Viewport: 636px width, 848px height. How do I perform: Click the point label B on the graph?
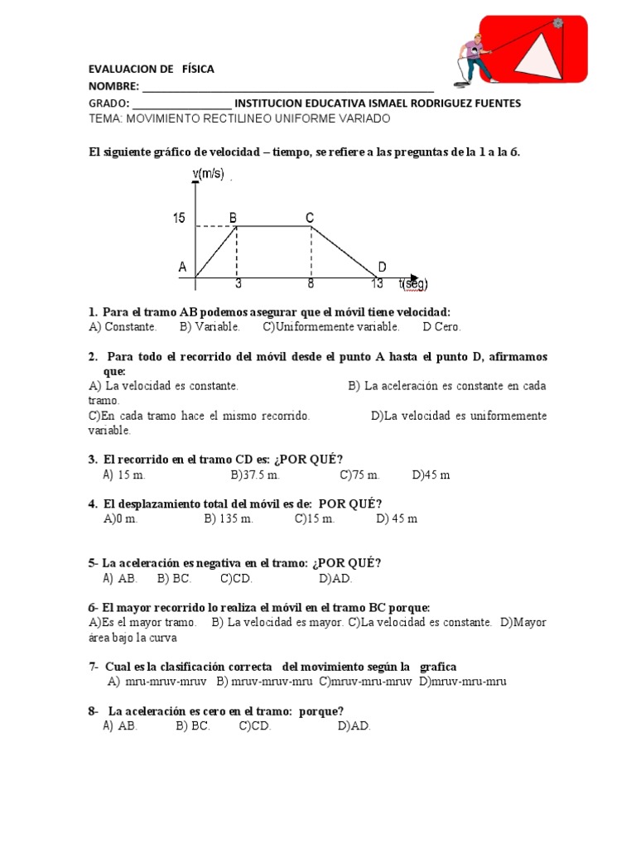click(234, 218)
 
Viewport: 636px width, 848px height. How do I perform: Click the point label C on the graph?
click(310, 218)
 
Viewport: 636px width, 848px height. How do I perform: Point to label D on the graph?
click(382, 266)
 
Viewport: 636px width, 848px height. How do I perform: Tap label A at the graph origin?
click(182, 267)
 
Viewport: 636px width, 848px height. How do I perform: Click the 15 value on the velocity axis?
click(179, 219)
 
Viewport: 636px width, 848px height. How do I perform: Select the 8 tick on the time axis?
click(311, 284)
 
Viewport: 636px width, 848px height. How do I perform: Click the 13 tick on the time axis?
click(377, 284)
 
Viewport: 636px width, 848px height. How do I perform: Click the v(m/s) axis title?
click(209, 173)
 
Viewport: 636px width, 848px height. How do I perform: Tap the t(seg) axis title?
click(413, 284)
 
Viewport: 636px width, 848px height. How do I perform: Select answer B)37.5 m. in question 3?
click(256, 475)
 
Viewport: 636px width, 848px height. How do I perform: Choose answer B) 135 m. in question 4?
click(229, 518)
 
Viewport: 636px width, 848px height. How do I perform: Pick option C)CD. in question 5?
click(236, 578)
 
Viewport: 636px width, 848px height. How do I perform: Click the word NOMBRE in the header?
click(114, 86)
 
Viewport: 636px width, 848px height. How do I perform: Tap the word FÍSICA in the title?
click(199, 69)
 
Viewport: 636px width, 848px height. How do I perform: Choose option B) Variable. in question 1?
click(210, 326)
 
